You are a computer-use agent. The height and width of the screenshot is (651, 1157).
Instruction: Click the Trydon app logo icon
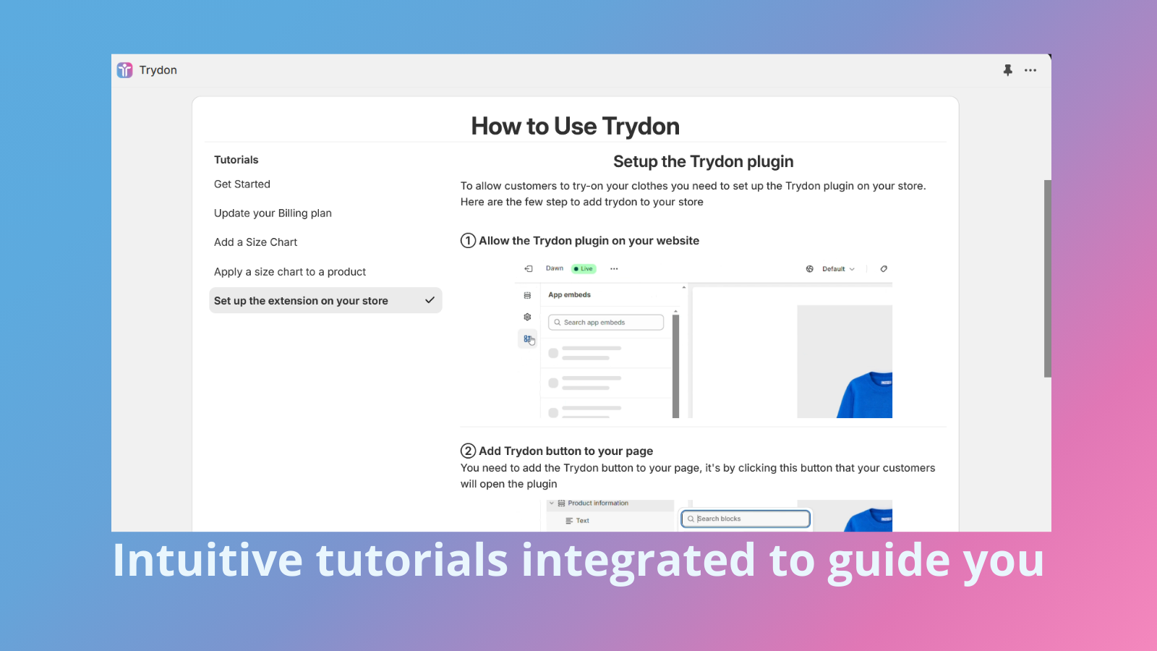point(125,70)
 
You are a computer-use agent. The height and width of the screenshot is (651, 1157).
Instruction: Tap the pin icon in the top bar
point(1007,70)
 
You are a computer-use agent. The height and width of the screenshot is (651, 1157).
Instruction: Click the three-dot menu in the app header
point(1030,70)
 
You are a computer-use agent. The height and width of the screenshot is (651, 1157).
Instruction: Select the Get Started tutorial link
point(242,184)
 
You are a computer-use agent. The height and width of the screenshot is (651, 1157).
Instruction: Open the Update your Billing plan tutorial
point(273,213)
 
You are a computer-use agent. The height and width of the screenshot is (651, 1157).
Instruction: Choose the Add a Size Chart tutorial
point(255,242)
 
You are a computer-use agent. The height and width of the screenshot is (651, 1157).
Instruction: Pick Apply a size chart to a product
point(290,272)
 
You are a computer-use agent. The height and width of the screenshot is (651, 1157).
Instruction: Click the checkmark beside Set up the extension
point(430,300)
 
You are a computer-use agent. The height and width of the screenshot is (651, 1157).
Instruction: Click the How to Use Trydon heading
point(575,127)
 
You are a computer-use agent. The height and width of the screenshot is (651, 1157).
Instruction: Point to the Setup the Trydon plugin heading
point(703,161)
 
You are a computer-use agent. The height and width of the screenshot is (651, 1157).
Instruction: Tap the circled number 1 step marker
point(469,241)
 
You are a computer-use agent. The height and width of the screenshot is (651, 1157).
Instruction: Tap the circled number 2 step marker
point(469,451)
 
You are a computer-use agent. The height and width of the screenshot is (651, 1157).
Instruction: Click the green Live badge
point(584,269)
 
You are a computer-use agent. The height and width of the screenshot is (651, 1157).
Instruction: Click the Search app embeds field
point(606,323)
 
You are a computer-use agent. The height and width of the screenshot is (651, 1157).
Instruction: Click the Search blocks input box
point(746,519)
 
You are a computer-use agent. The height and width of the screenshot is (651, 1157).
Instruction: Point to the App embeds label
point(569,295)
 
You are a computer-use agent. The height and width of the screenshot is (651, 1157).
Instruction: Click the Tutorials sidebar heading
point(236,160)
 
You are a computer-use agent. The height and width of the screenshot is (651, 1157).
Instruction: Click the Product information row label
point(597,503)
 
